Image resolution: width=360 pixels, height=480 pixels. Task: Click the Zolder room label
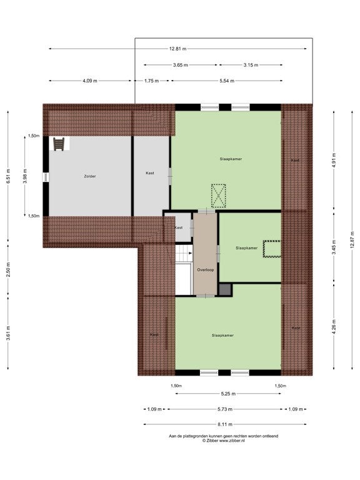point(90,176)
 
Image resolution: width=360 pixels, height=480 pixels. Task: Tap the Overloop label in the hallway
point(206,270)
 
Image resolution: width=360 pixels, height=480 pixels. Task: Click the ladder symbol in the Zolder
point(59,144)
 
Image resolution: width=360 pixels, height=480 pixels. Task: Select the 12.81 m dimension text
point(177,49)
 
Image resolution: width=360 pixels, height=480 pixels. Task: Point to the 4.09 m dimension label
point(90,81)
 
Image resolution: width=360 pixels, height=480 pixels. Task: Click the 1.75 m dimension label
point(151,81)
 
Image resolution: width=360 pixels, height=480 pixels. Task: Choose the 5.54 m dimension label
point(227,81)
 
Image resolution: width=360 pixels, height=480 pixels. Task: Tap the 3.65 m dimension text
point(180,65)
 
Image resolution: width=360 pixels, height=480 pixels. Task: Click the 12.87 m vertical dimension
point(352,240)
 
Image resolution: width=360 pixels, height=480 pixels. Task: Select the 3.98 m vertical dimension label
point(25,176)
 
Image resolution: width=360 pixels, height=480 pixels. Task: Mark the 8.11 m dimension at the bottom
point(225,424)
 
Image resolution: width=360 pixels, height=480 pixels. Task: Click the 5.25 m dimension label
point(228,394)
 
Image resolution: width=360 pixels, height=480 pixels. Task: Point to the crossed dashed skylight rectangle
point(218,196)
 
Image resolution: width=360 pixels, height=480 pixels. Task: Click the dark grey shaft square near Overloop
point(225,289)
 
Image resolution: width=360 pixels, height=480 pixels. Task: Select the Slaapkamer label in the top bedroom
point(231,159)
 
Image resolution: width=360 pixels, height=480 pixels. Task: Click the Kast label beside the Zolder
point(150,173)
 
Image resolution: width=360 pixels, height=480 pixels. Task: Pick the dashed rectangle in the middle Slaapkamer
point(272,249)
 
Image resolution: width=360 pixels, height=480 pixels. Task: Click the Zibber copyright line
point(224,441)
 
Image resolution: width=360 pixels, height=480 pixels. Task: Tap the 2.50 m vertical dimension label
point(8,269)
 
